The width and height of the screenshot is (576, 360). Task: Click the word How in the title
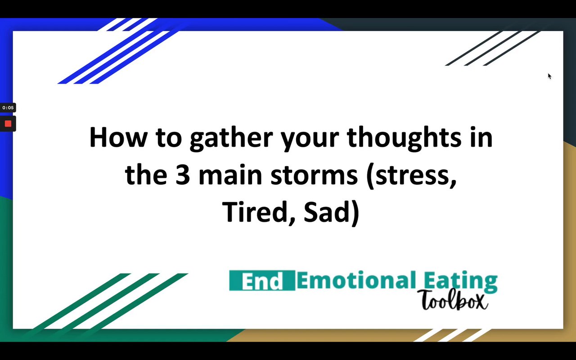[118, 137]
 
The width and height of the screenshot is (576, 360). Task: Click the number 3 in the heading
[183, 175]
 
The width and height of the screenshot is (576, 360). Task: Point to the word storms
[314, 175]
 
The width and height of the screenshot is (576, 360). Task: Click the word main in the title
[230, 175]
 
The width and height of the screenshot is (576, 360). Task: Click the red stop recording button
[8, 124]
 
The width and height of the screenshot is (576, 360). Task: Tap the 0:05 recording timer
[8, 108]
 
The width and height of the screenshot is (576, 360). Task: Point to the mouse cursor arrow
[549, 76]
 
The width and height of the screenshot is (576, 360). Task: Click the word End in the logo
[262, 280]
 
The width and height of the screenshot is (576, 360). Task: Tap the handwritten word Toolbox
[453, 300]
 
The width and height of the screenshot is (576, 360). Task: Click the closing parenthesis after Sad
[355, 213]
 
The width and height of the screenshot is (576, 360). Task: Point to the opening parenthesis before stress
[370, 176]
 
